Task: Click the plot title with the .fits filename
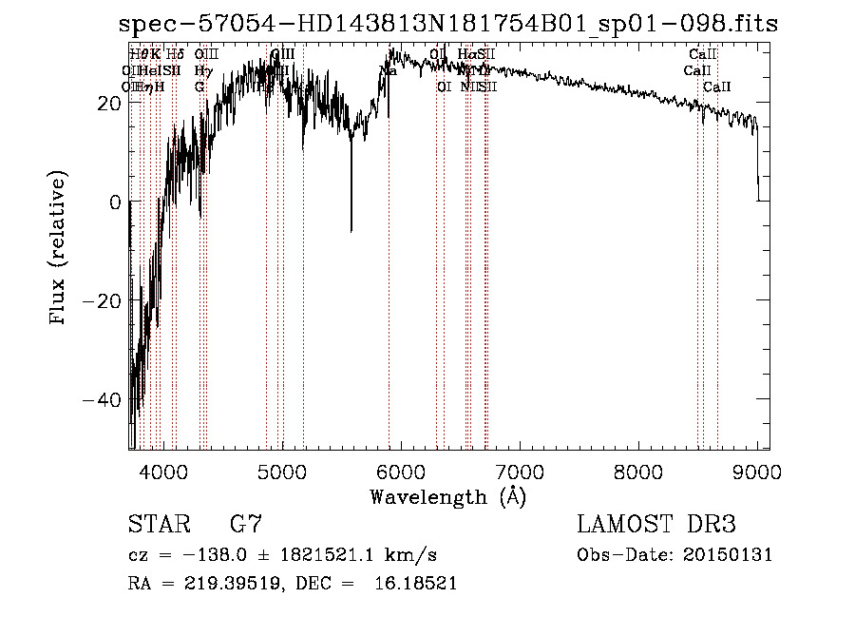[x=454, y=24]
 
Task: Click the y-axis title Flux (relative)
[x=59, y=249]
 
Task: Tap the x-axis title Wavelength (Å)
[x=447, y=496]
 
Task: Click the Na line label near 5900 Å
[x=389, y=70]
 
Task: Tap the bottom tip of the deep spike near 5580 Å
[x=351, y=231]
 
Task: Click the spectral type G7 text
[x=246, y=525]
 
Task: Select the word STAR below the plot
[x=158, y=525]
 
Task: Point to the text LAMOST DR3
[x=656, y=525]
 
